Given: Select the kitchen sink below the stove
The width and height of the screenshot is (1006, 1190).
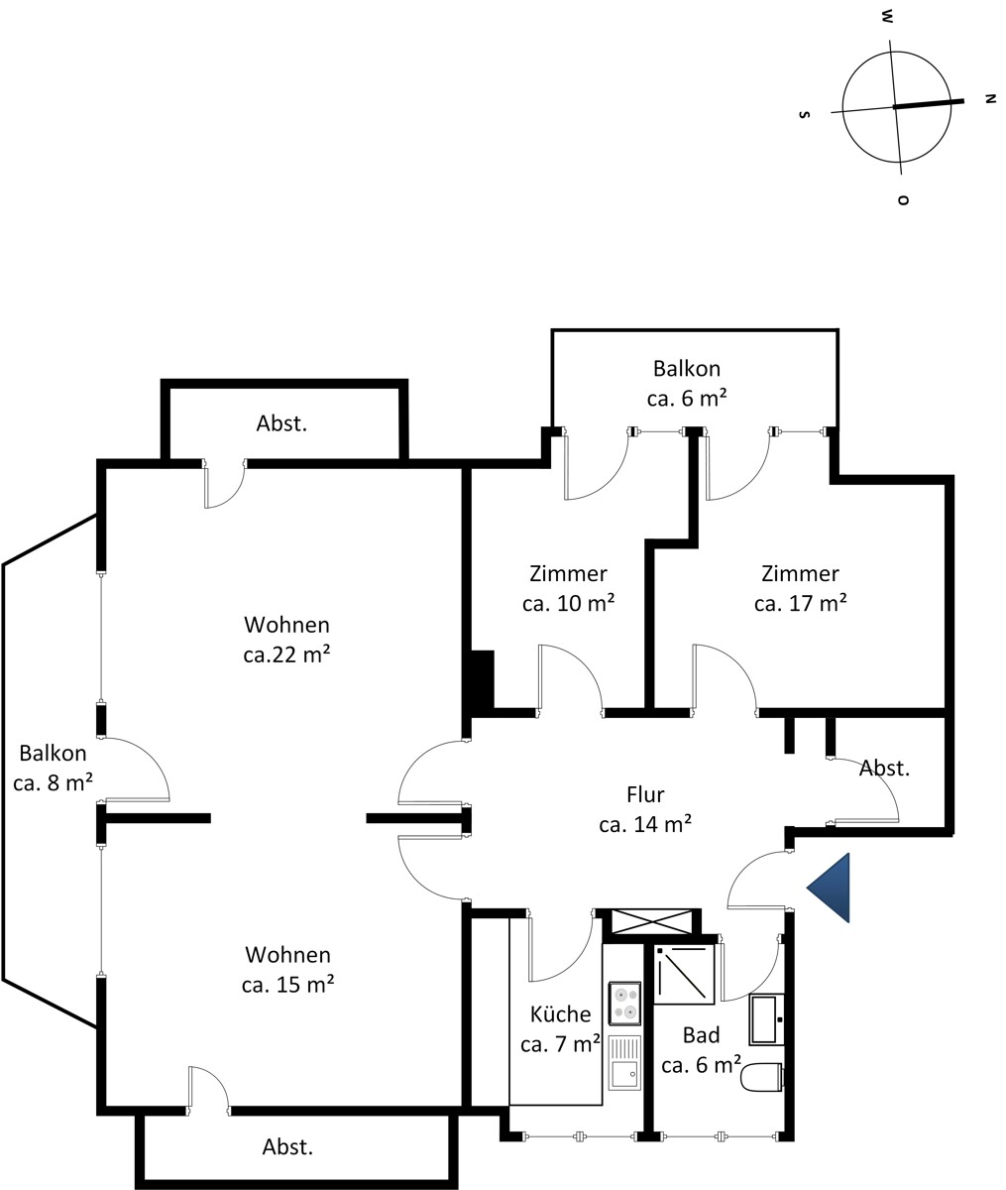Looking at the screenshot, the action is [x=624, y=1063].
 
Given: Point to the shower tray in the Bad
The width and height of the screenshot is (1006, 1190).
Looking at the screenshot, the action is [x=684, y=974].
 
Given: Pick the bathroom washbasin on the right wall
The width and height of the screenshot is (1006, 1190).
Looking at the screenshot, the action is [x=766, y=1019].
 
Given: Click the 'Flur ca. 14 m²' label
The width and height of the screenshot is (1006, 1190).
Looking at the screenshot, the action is [x=645, y=809].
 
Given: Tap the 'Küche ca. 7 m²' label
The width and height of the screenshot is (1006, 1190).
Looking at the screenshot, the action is [x=561, y=1029].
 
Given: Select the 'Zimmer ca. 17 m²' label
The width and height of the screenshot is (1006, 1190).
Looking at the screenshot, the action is [x=800, y=588].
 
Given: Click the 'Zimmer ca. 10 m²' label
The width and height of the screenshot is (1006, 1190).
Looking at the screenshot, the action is [x=568, y=588].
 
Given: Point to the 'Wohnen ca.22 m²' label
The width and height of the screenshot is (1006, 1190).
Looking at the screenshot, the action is [x=286, y=639].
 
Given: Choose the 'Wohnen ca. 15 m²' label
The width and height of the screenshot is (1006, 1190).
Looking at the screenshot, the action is [x=287, y=970].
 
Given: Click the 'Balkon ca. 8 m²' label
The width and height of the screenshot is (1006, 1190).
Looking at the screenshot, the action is [x=53, y=768].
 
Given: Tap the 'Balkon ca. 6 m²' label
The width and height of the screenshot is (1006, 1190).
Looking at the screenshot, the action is [x=687, y=383].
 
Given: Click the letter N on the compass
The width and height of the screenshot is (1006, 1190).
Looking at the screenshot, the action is [x=990, y=98].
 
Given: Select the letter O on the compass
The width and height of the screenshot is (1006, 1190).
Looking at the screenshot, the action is [x=904, y=199].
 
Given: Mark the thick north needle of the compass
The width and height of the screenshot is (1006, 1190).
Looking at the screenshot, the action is [x=929, y=103].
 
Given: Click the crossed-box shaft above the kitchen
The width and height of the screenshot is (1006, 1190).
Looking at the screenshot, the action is [x=651, y=921].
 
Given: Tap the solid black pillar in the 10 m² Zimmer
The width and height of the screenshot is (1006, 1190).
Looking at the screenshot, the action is [x=483, y=679].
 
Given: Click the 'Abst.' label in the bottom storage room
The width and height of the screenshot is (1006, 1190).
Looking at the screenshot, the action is [x=287, y=1146].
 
